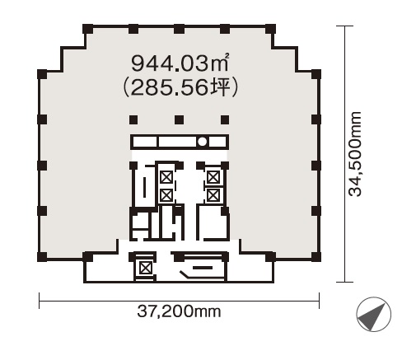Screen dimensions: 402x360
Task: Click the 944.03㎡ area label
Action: pos(180,63)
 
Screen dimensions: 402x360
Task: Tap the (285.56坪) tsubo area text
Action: pos(180,87)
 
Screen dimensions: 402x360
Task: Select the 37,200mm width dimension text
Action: pos(179,311)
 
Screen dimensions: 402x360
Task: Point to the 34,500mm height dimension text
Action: pos(355,154)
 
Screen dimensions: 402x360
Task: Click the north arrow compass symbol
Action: pos(373,314)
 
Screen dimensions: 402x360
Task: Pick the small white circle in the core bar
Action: pos(203,142)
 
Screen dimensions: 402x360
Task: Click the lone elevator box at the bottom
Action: pos(145,268)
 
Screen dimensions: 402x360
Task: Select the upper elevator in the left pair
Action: pos(166,177)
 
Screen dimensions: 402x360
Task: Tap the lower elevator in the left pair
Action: pos(166,195)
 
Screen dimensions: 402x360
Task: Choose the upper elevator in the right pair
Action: pos(213,177)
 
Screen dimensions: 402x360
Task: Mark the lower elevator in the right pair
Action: pos(213,195)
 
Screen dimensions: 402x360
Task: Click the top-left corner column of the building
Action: pos(87,29)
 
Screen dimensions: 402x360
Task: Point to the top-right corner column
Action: pos(270,29)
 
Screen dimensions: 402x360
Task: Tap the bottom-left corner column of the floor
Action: pos(42,257)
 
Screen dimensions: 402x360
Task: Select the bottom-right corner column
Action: pos(316,257)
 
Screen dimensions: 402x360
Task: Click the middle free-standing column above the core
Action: pos(179,119)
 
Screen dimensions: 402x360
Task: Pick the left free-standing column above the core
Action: pos(133,119)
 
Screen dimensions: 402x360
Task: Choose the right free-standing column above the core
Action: pos(225,119)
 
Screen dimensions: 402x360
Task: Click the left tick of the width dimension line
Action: pos(40,301)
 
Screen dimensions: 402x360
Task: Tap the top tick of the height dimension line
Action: pos(345,26)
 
